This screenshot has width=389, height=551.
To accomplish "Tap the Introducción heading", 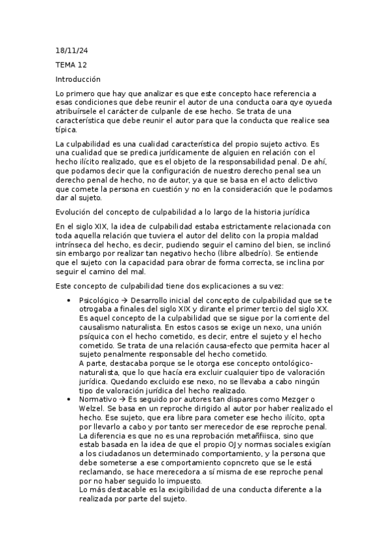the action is (x=78, y=79).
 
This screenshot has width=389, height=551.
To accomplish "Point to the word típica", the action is (x=67, y=129).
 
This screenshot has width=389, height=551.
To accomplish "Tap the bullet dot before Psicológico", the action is (x=69, y=300).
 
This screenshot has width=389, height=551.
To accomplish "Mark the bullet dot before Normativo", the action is (x=69, y=398).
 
